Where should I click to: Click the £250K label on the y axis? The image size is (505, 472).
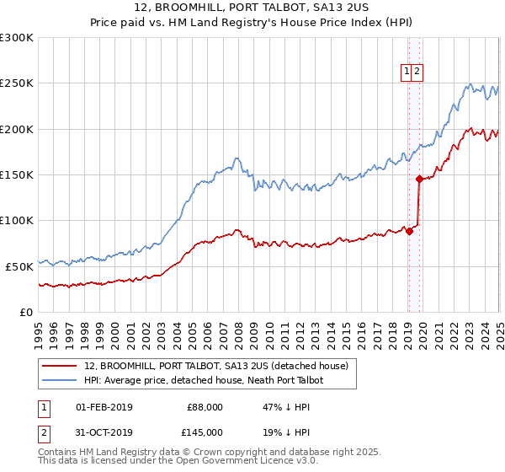coord(17,83)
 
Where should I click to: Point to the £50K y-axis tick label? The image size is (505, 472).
coord(19,266)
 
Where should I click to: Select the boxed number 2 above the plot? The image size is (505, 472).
coord(417,72)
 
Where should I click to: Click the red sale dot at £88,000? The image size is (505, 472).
coord(409,232)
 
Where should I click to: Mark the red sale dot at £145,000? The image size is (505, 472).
coord(420,179)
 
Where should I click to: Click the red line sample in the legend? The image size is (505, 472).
coord(60,366)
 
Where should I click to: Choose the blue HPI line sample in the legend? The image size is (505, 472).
coord(60,381)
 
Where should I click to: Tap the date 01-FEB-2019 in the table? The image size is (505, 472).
coord(104,407)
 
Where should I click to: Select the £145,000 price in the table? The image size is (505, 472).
coord(205,432)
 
